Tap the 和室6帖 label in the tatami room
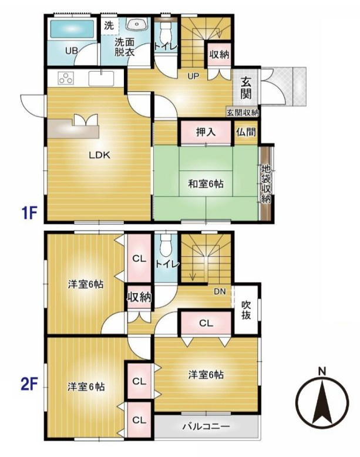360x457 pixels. [x=206, y=184]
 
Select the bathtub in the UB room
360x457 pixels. [x=72, y=29]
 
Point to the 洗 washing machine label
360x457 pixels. [x=109, y=26]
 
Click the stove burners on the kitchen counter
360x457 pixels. [x=65, y=78]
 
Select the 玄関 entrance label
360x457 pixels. [x=245, y=88]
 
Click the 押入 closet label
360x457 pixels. [x=206, y=132]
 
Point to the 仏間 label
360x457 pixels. [x=247, y=133]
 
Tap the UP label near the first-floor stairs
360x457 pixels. [x=193, y=76]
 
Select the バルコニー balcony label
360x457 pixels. [x=206, y=426]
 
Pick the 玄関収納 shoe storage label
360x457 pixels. [x=243, y=112]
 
